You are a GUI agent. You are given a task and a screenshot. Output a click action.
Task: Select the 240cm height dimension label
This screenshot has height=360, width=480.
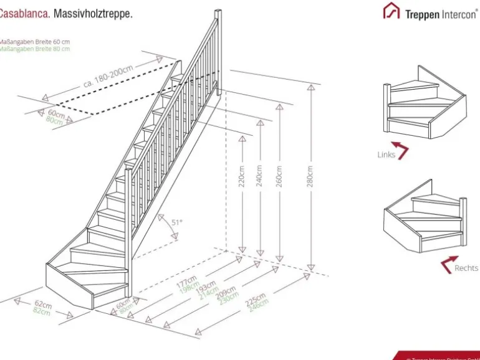pyautogui.click(x=259, y=176)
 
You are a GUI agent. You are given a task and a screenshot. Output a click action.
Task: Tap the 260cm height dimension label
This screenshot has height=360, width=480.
pyautogui.click(x=279, y=176)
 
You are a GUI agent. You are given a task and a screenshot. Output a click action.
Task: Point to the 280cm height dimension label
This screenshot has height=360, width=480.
pyautogui.click(x=310, y=176)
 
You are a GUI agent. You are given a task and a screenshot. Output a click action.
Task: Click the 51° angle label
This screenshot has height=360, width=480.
pyautogui.click(x=177, y=222)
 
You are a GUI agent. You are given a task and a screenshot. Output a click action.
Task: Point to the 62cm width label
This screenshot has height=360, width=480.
pyautogui.click(x=42, y=305)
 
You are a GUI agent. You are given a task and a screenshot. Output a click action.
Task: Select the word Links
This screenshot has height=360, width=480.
pyautogui.click(x=386, y=154)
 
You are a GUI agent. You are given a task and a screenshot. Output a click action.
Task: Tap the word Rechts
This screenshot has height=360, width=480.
pyautogui.click(x=466, y=268)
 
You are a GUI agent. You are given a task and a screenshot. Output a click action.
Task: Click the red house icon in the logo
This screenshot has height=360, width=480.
pyautogui.click(x=391, y=11)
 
